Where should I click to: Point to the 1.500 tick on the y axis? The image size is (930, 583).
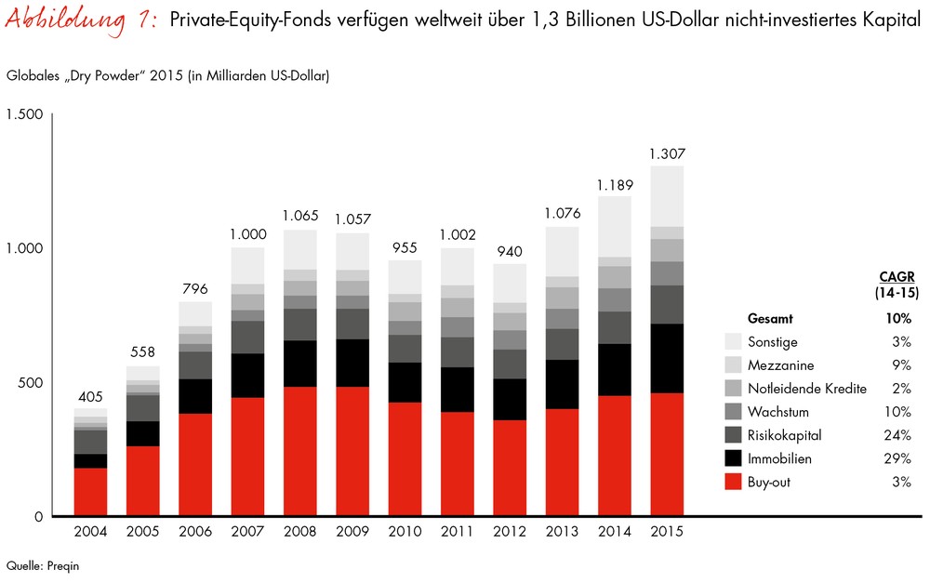pos(24,114)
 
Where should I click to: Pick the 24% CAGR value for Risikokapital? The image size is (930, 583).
pos(899,435)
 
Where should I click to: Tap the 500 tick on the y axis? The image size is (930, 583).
pos(31,383)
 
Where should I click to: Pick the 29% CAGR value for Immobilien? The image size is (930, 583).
pos(899,458)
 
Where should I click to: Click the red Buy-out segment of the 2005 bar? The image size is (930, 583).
pos(143,481)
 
